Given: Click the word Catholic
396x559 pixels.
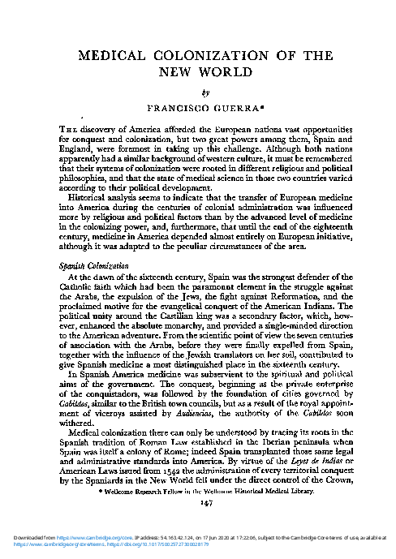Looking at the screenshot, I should click(80, 287).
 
